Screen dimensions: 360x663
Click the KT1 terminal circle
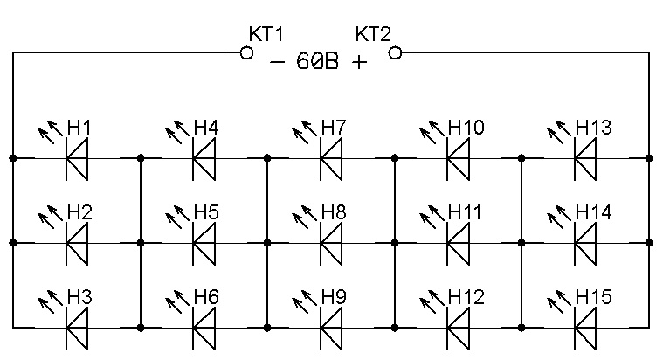click(247, 53)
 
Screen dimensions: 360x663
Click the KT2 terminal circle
click(395, 53)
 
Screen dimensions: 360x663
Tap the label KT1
click(266, 35)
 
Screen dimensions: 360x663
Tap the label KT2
click(373, 35)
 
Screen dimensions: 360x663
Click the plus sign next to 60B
click(359, 63)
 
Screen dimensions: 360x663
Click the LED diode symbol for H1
click(78, 158)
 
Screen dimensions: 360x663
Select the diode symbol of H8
click(331, 243)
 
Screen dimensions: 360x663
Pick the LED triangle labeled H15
click(585, 328)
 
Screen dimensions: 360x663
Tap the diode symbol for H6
click(204, 328)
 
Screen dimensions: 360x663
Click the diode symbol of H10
click(458, 158)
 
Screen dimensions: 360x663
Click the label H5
click(206, 213)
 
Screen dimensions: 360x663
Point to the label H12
click(466, 298)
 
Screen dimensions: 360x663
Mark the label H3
click(79, 298)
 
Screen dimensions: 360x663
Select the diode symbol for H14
click(585, 243)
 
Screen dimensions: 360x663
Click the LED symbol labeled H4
click(204, 158)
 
